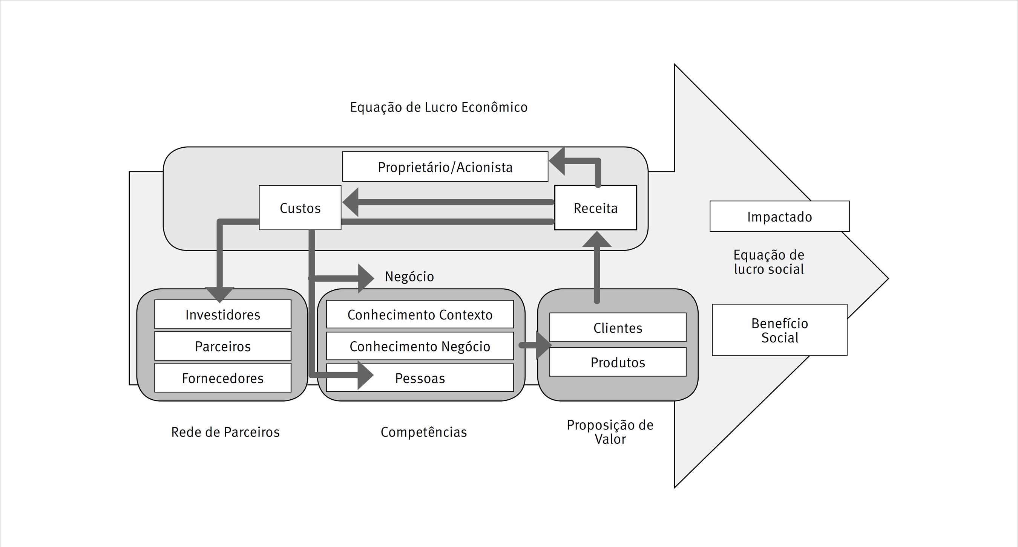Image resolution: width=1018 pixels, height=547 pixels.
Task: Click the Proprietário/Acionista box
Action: click(x=445, y=167)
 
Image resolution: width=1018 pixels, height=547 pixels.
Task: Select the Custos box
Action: click(x=300, y=208)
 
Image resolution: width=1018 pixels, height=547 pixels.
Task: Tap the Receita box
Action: click(x=596, y=208)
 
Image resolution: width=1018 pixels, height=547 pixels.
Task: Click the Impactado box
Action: click(x=779, y=217)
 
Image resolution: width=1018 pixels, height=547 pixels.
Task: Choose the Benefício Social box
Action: click(x=779, y=330)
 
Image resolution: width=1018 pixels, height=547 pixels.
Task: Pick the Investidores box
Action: click(x=222, y=315)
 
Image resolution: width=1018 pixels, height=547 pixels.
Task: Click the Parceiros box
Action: click(x=222, y=346)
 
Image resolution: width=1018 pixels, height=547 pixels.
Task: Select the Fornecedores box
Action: click(x=222, y=378)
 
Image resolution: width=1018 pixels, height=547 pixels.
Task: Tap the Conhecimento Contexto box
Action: click(x=420, y=315)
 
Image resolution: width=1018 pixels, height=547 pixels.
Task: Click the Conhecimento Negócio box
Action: click(x=420, y=346)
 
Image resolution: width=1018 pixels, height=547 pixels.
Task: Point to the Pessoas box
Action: click(x=420, y=378)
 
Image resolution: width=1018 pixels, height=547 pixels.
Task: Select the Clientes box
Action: click(x=618, y=328)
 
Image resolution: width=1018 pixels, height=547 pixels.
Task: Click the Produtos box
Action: click(x=618, y=362)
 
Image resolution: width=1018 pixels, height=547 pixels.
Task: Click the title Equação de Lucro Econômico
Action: click(x=438, y=107)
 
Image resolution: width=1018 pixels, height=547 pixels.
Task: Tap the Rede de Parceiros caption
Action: click(x=225, y=432)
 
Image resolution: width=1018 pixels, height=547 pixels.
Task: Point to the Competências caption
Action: click(x=424, y=432)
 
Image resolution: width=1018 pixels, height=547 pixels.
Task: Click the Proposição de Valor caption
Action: click(x=610, y=432)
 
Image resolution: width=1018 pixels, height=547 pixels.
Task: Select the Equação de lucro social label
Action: click(x=769, y=262)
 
